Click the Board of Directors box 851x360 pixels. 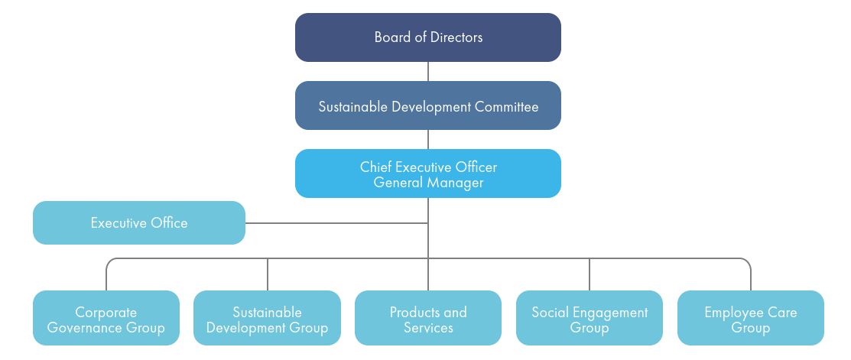[x=428, y=37]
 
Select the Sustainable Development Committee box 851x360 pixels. [x=428, y=105]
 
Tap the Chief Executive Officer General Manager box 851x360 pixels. [x=428, y=174]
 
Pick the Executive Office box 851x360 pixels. [x=139, y=223]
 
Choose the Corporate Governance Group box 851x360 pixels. [x=106, y=318]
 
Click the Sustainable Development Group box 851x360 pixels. [x=267, y=318]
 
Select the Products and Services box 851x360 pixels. [x=428, y=318]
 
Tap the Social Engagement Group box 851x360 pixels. [x=590, y=318]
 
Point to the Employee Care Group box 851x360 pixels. [x=751, y=318]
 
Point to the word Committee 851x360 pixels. [x=506, y=106]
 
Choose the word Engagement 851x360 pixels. [x=610, y=313]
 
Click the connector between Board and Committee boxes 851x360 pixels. [x=428, y=71]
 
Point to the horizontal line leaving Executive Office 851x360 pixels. [x=336, y=223]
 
